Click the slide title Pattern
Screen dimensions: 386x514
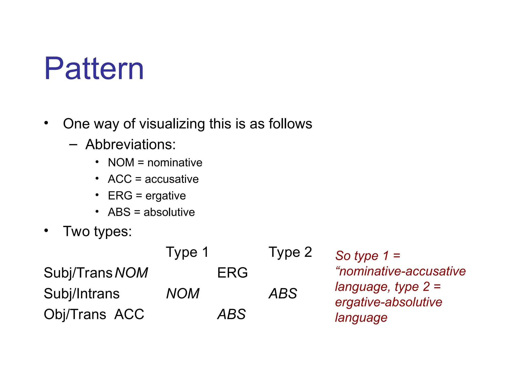tap(94, 68)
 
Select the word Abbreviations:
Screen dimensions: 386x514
tap(130, 144)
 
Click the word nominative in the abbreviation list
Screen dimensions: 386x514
tap(175, 163)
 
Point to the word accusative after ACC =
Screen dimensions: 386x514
tap(172, 179)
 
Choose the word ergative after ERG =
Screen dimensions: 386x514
tap(166, 196)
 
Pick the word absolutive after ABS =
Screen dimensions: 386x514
tap(169, 212)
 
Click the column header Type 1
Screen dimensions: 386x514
tap(187, 252)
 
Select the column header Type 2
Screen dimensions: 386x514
tap(290, 252)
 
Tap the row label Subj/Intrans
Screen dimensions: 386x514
tap(82, 294)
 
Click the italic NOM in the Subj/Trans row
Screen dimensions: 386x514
tap(131, 273)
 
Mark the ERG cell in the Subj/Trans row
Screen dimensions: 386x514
tap(232, 273)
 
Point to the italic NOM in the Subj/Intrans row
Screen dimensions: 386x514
tap(183, 294)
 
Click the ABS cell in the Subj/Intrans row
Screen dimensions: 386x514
tap(283, 294)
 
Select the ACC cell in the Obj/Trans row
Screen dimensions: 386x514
tap(129, 314)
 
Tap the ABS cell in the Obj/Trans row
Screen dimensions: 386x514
tap(231, 314)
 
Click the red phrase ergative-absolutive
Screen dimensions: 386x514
tap(389, 302)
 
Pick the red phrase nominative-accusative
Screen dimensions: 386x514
tap(402, 271)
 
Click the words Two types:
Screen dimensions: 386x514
tap(97, 231)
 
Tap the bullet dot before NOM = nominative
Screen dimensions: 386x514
tap(97, 162)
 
